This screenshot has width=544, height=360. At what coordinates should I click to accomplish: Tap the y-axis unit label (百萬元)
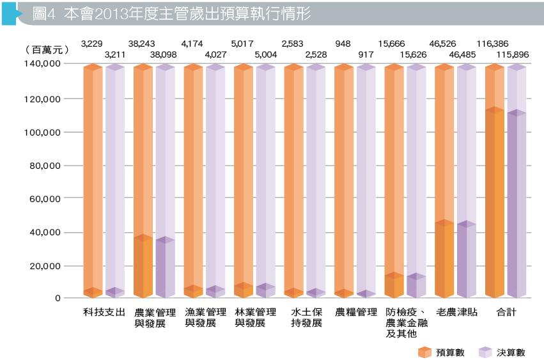[44, 49]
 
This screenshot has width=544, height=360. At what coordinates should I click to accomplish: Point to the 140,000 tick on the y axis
[43, 65]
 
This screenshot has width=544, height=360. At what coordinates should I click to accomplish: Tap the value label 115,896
[517, 54]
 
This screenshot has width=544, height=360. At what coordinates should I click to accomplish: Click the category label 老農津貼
[456, 312]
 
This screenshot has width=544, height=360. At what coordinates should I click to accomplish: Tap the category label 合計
[506, 312]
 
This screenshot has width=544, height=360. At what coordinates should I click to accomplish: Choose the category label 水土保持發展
[306, 317]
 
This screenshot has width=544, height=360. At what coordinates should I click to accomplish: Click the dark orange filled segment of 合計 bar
[494, 205]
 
